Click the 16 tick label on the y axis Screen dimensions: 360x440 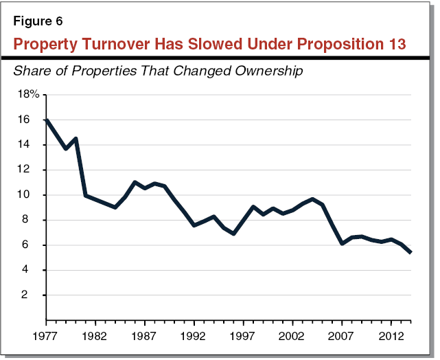pos(25,120)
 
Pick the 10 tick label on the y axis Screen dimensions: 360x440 pos(25,195)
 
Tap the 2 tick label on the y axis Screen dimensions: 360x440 pos(27,295)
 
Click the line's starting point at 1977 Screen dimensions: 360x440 pos(46,120)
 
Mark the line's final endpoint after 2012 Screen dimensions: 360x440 pos(410,252)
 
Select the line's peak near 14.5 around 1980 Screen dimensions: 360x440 pos(76,139)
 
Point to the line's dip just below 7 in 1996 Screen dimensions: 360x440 pos(233,234)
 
